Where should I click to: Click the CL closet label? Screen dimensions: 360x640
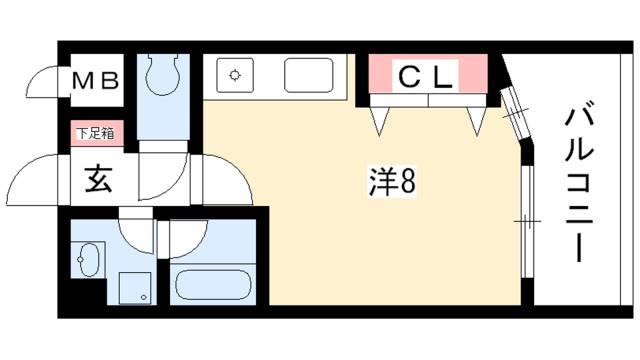click(x=426, y=75)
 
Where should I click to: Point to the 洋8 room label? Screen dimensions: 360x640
click(x=392, y=182)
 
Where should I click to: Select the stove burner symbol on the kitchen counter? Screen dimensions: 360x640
click(x=234, y=75)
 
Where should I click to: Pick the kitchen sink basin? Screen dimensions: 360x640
click(x=309, y=75)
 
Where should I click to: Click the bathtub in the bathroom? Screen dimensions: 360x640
click(x=212, y=282)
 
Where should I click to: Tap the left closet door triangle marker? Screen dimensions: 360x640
click(x=379, y=120)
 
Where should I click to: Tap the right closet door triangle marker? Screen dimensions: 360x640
click(x=476, y=120)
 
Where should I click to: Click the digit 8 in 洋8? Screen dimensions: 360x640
click(x=409, y=182)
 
